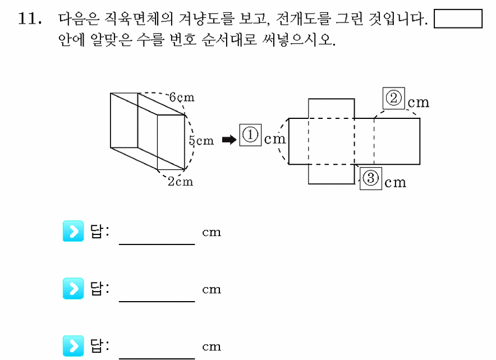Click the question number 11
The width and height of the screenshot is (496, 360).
[x=30, y=19]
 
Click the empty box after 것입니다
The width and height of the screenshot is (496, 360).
[x=458, y=19]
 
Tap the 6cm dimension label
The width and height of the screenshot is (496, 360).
[x=182, y=98]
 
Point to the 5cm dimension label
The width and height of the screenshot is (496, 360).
[x=201, y=140]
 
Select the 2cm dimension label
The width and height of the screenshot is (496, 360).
[x=180, y=182]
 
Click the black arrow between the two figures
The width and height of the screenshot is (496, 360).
[x=229, y=140]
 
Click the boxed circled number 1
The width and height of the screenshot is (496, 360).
[x=250, y=135]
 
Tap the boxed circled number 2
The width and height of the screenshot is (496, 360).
[x=393, y=98]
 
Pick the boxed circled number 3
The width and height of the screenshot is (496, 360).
[x=371, y=178]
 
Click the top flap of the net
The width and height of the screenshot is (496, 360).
[x=331, y=108]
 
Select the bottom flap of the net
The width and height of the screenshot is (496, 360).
[x=331, y=174]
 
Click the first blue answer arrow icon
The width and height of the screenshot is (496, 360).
[x=73, y=231]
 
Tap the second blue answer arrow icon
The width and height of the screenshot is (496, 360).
[x=73, y=288]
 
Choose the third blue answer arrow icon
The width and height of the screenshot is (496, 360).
[x=73, y=346]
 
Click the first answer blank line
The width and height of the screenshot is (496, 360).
[x=157, y=244]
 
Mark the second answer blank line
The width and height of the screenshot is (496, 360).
[x=157, y=301]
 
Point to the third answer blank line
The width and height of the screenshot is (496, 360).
[x=157, y=358]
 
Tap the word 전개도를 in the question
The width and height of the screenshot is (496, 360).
[x=304, y=19]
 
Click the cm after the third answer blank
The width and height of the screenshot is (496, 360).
[x=212, y=347]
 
